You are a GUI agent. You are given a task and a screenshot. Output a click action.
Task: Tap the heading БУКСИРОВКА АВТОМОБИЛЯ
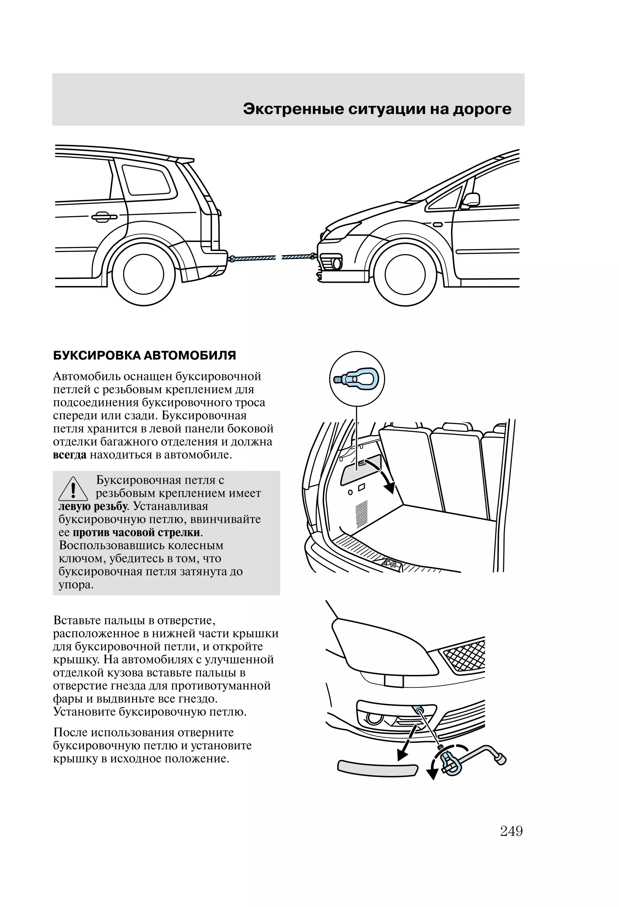click(x=144, y=356)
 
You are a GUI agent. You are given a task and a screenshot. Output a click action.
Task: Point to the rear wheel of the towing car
click(x=143, y=274)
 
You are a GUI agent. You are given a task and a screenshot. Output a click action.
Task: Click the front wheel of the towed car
click(x=405, y=274)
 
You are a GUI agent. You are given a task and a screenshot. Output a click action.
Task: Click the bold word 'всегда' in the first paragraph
click(x=70, y=455)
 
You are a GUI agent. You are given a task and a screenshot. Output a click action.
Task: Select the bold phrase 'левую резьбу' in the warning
click(x=92, y=506)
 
